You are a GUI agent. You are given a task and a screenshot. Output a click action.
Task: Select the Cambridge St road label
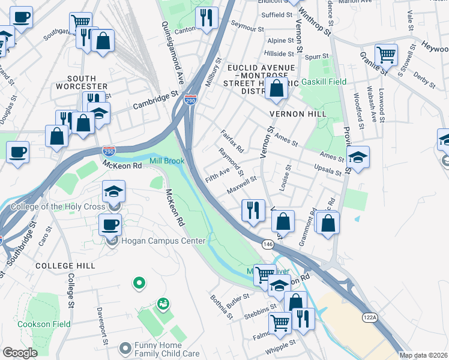point(157,98)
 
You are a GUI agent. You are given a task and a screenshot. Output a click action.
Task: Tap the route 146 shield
point(268,244)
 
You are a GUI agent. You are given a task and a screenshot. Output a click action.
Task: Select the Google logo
point(20,353)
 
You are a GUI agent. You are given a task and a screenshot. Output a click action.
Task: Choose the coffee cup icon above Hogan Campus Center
point(110,225)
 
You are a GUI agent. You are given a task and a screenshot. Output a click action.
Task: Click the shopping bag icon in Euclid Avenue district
point(277,89)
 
